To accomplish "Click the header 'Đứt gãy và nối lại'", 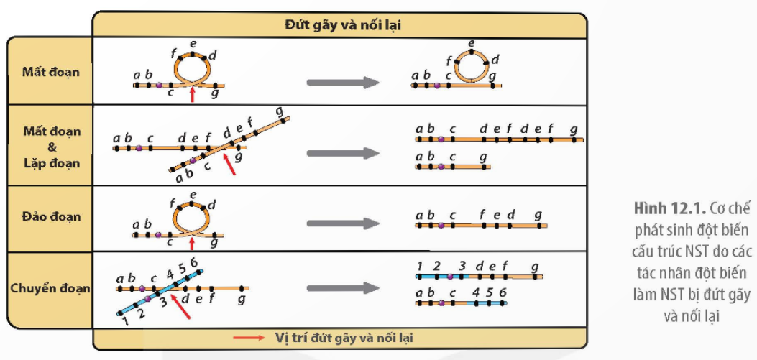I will click(x=342, y=24).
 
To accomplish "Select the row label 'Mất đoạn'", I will click(x=50, y=72).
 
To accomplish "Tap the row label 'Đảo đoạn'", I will click(x=50, y=216).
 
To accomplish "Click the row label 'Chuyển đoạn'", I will click(x=50, y=288).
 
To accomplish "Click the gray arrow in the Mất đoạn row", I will click(x=342, y=82).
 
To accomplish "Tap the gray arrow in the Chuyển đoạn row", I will click(x=342, y=288).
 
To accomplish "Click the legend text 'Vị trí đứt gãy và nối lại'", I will click(x=344, y=337).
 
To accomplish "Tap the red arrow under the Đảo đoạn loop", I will click(x=191, y=245).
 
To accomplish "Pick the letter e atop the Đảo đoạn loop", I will click(x=192, y=195).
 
